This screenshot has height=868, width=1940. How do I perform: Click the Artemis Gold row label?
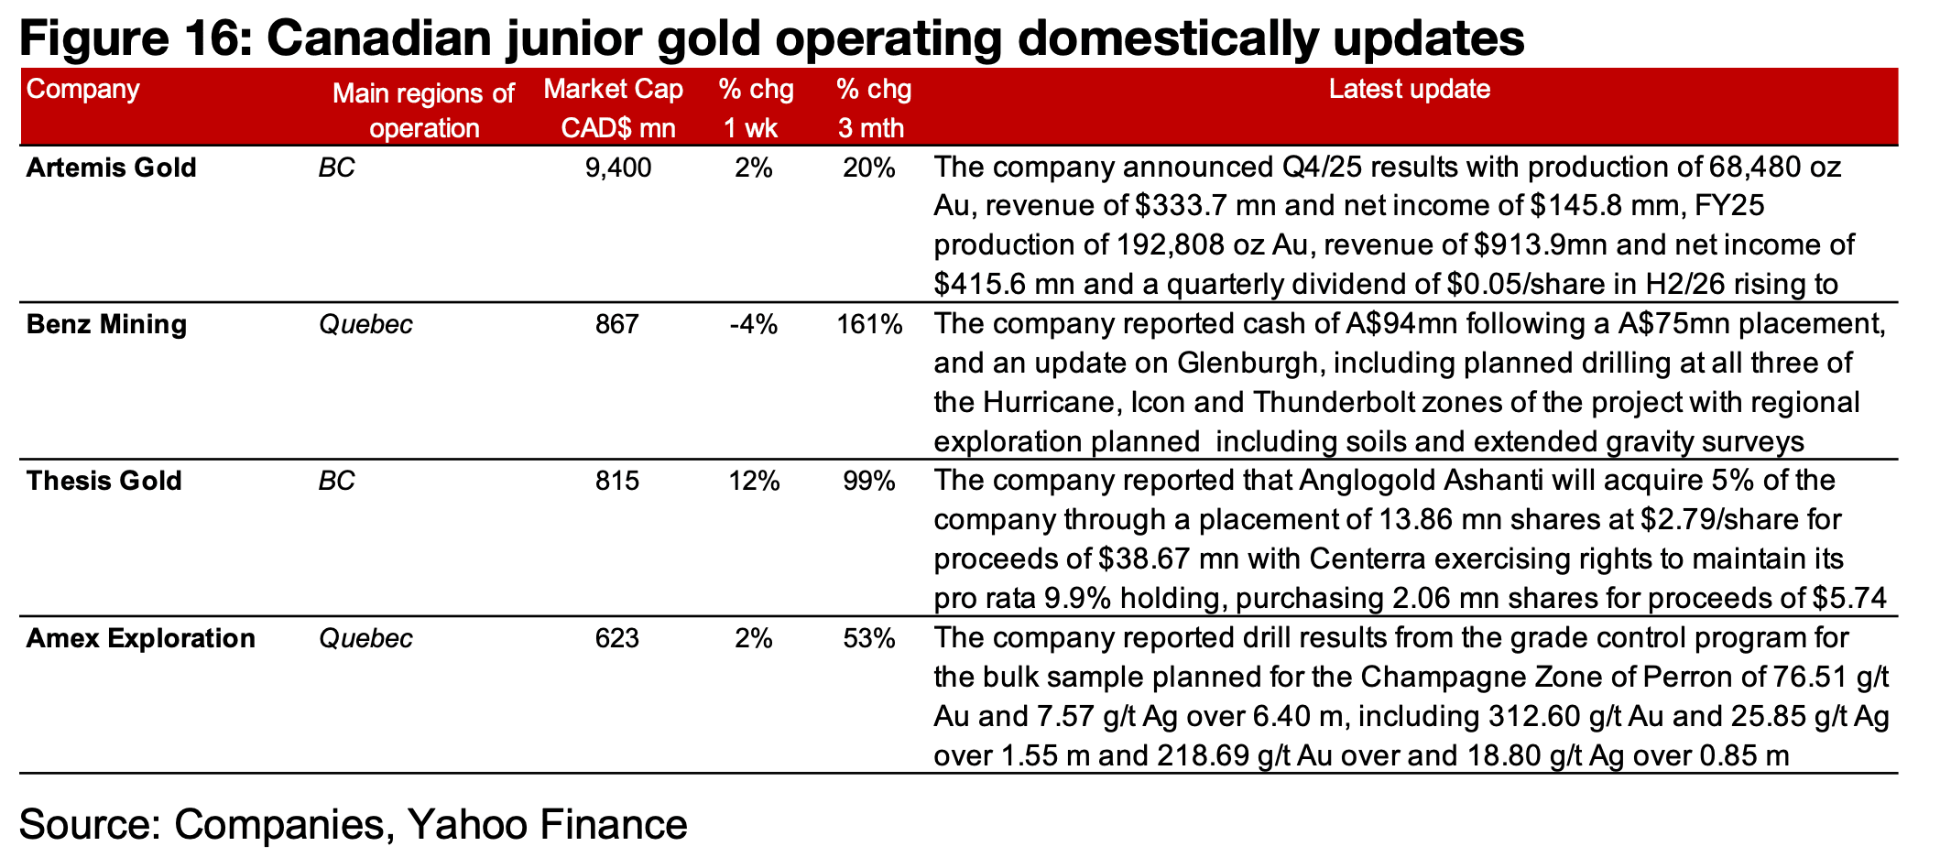[x=111, y=168]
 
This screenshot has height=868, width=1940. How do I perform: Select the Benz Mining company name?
[x=106, y=325]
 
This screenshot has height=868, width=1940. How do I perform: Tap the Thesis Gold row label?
[x=104, y=482]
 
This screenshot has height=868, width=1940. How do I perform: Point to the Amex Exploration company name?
[x=140, y=638]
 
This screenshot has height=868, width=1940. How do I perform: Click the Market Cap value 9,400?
[x=617, y=168]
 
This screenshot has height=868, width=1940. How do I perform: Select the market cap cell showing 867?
[x=616, y=325]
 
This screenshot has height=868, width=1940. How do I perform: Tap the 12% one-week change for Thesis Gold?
[x=754, y=482]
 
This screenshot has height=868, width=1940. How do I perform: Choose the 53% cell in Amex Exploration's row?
[x=868, y=638]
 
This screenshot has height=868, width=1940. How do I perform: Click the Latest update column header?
[x=1409, y=90]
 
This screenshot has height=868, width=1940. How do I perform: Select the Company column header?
[x=82, y=90]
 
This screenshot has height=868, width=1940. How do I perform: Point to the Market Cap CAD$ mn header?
[x=613, y=108]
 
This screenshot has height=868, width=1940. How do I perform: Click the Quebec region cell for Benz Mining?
[x=365, y=325]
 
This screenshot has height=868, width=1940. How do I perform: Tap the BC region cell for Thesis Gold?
[x=336, y=482]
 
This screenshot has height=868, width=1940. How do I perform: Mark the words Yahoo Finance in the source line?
[x=547, y=824]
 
